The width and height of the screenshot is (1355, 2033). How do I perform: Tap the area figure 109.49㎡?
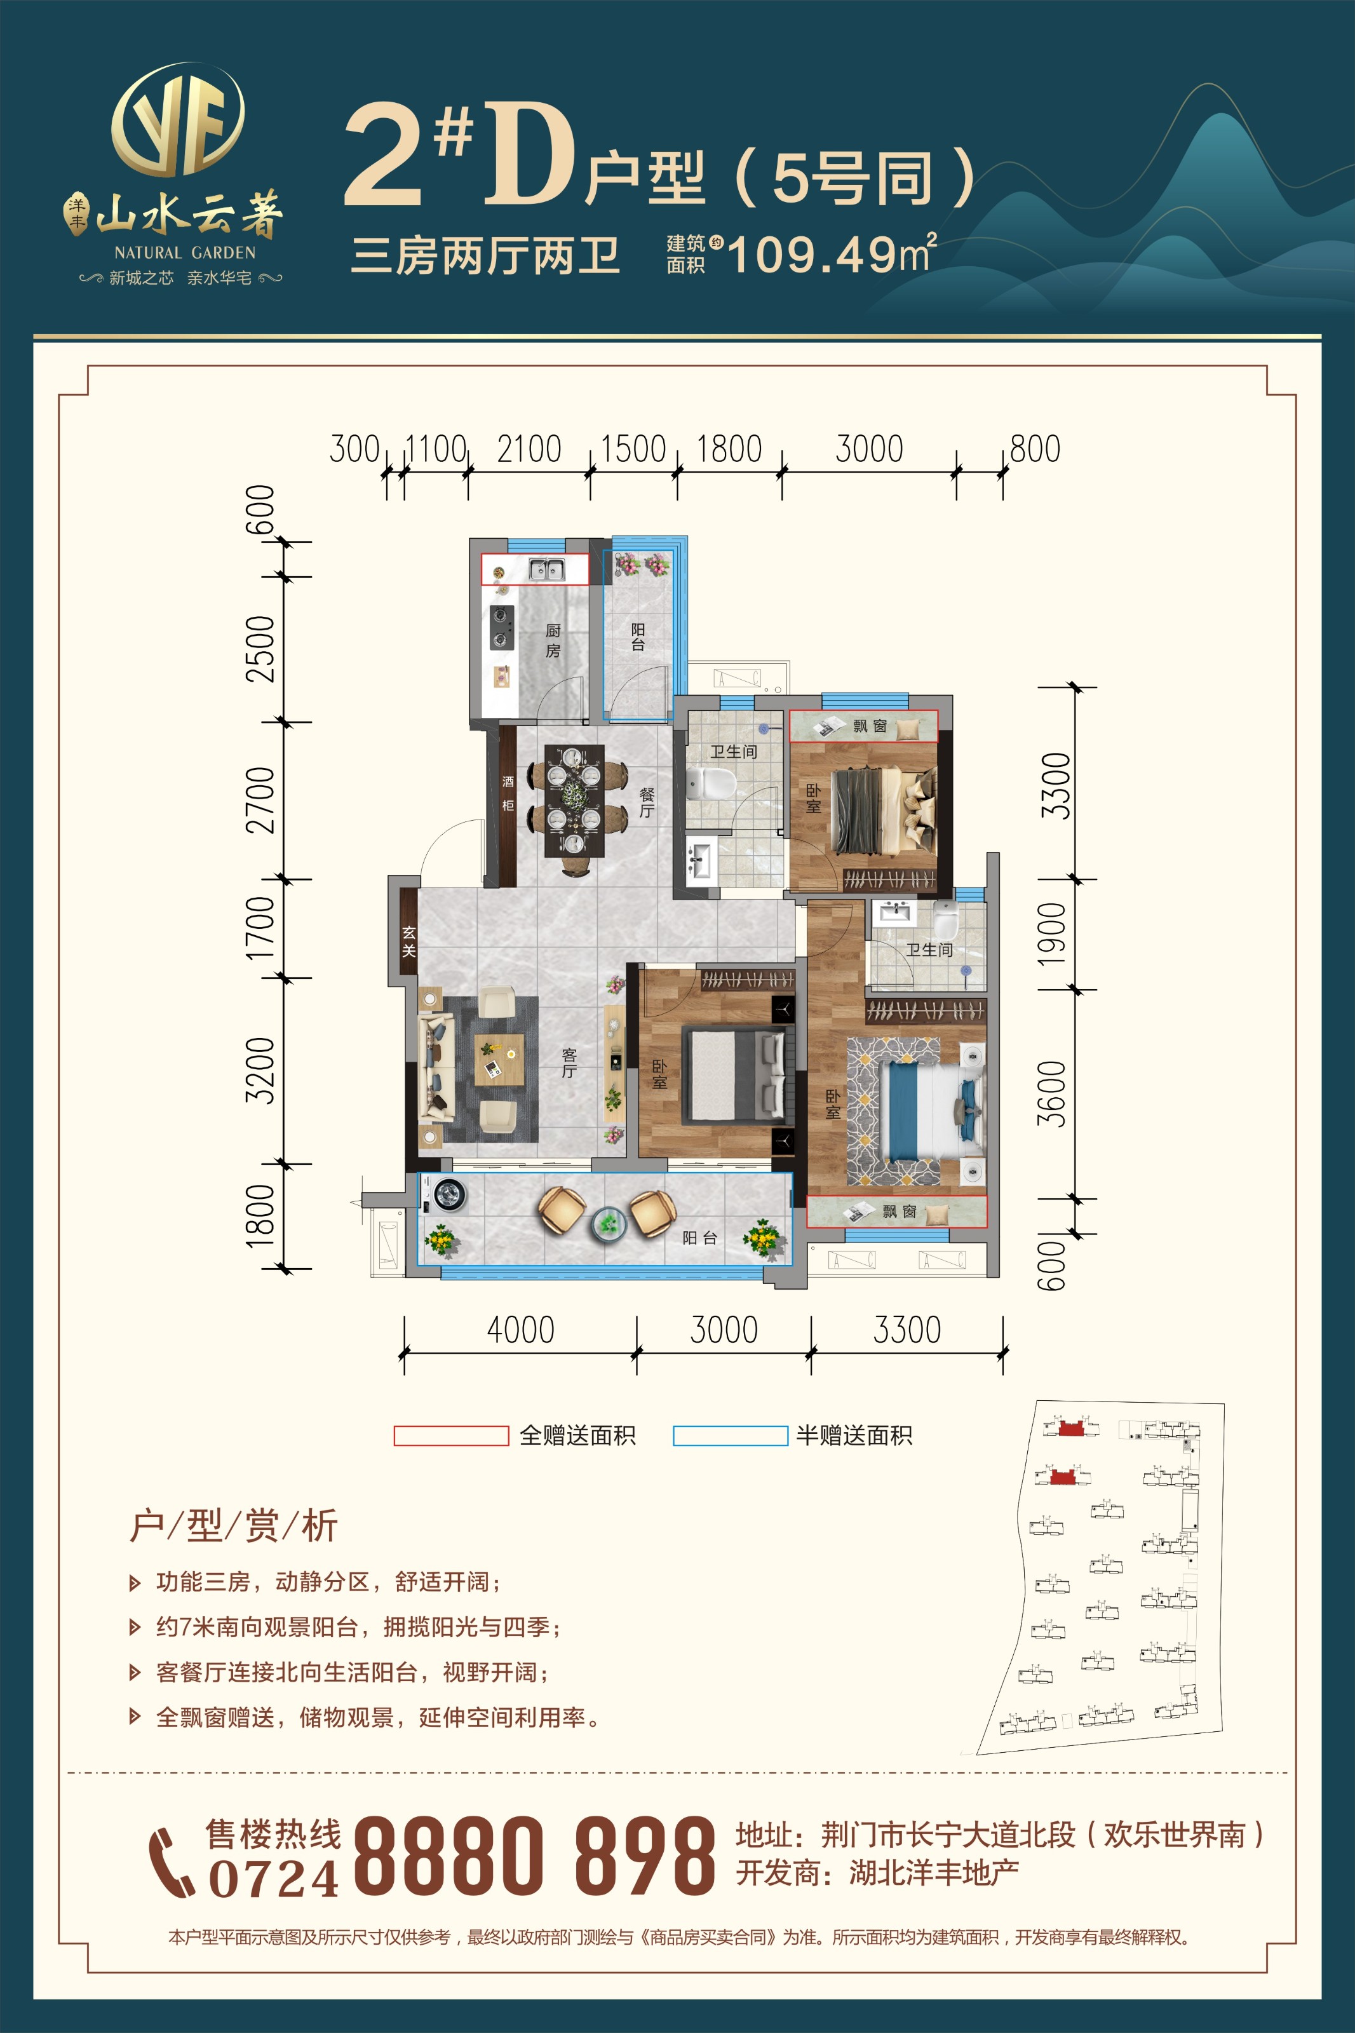(832, 253)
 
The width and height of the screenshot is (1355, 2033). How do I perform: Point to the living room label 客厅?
(569, 1063)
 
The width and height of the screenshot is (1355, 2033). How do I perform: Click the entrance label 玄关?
(408, 942)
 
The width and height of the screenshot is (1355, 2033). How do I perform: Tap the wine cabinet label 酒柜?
(508, 793)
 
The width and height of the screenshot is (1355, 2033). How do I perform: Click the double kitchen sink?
(547, 569)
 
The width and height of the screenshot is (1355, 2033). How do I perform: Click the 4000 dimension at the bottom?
(520, 1330)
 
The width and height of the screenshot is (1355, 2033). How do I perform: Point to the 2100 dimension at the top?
(529, 449)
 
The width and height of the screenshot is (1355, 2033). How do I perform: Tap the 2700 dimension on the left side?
(260, 800)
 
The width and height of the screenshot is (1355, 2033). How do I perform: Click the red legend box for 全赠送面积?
(451, 1435)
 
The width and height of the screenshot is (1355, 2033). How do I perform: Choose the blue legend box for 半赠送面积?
(730, 1435)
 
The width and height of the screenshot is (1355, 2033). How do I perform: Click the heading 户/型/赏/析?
(233, 1526)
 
